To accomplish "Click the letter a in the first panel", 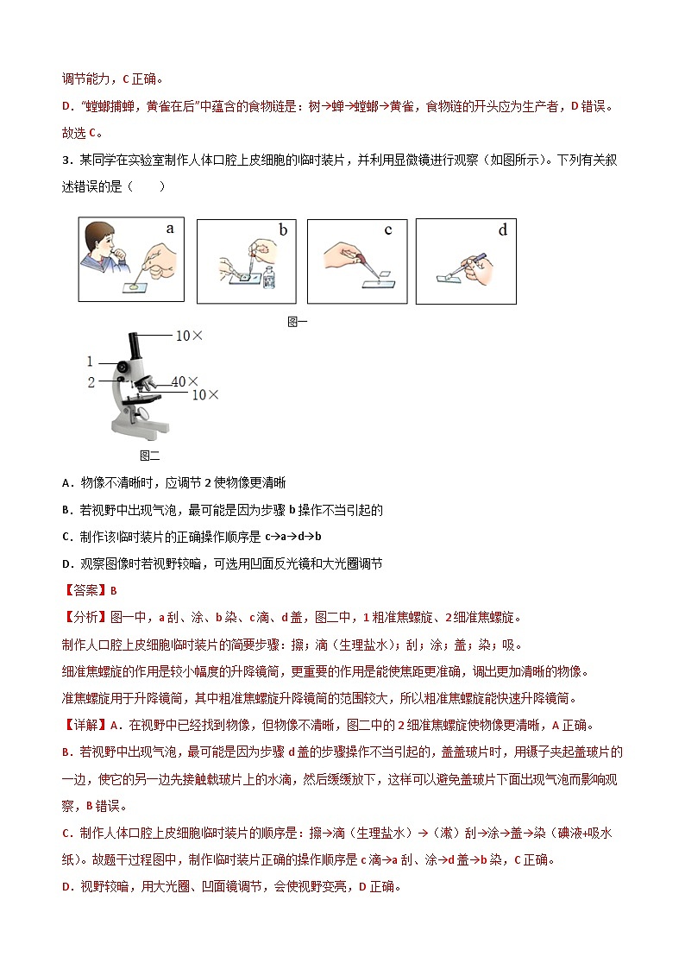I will [x=170, y=229].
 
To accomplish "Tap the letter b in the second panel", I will [x=282, y=230].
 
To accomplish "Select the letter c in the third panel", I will [x=388, y=230].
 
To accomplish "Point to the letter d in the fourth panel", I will [x=502, y=230].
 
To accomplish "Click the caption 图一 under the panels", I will [x=297, y=322].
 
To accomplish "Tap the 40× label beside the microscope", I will [x=185, y=381].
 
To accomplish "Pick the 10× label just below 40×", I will [x=204, y=395].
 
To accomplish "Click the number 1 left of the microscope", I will [x=90, y=362].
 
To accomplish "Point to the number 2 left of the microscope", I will [x=91, y=382].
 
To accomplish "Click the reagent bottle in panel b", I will [x=270, y=278].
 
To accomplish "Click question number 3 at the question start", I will [x=66, y=160].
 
